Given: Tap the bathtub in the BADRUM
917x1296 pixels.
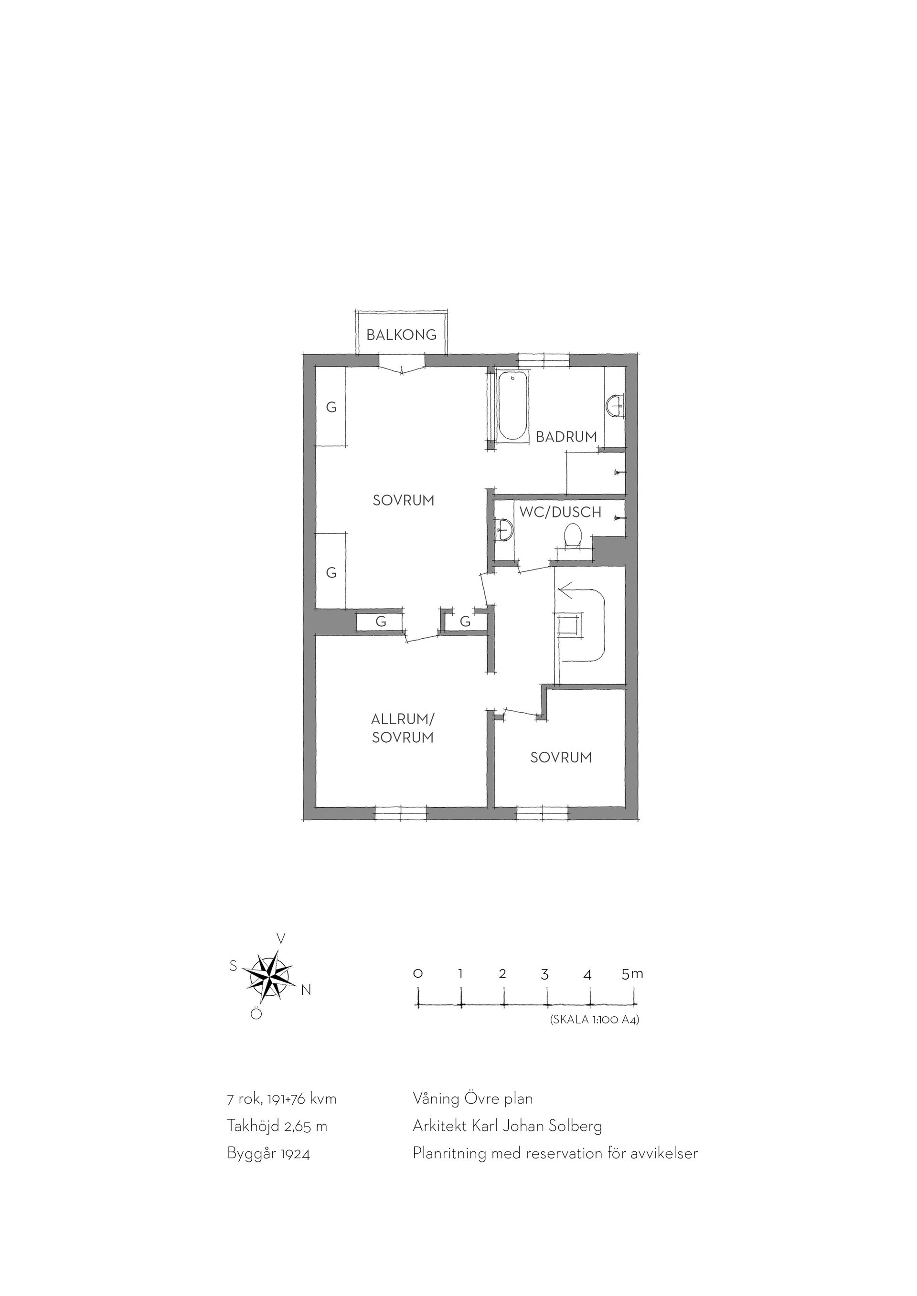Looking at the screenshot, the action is (x=512, y=405).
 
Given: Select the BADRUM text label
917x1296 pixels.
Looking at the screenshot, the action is (x=566, y=436).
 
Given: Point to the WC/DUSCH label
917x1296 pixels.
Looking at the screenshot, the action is (x=560, y=513).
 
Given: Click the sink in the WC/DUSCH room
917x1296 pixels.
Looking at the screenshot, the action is (x=504, y=529).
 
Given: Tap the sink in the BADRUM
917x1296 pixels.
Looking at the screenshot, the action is (x=613, y=405).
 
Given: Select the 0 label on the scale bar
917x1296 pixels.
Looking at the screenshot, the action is (x=418, y=974).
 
